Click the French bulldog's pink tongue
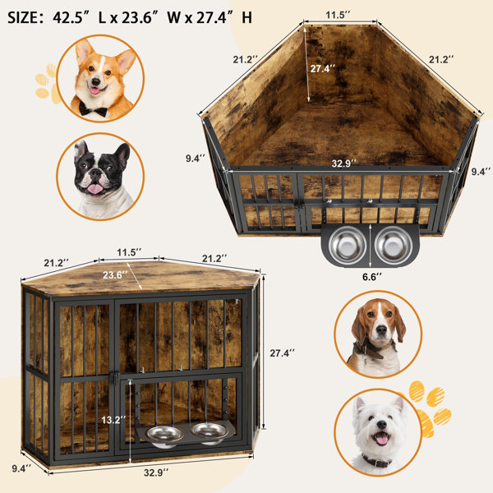pyautogui.click(x=94, y=189)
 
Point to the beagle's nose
pyautogui.click(x=381, y=329)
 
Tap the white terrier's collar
pyautogui.click(x=377, y=462)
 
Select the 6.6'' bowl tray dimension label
pyautogui.click(x=371, y=277)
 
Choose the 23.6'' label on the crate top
pyautogui.click(x=115, y=275)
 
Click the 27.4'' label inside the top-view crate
pyautogui.click(x=323, y=68)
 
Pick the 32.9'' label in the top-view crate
pyautogui.click(x=344, y=164)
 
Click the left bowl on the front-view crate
pyautogui.click(x=164, y=436)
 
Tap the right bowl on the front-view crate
pyautogui.click(x=210, y=433)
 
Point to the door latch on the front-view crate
pyautogui.click(x=116, y=377)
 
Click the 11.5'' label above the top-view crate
pyautogui.click(x=338, y=15)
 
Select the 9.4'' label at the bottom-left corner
pyautogui.click(x=21, y=468)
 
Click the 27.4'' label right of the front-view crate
pyautogui.click(x=283, y=353)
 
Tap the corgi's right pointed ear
pyautogui.click(x=126, y=60)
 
